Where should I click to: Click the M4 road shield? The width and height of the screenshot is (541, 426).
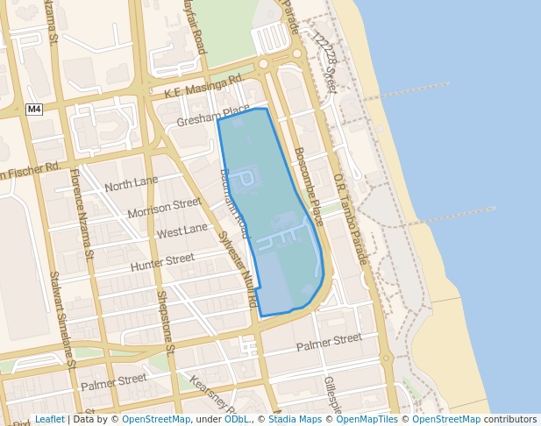[34, 109]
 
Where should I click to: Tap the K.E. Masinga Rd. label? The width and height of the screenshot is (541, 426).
[203, 86]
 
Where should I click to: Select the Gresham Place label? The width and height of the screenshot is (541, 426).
[213, 117]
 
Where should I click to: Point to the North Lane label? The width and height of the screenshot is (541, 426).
[132, 185]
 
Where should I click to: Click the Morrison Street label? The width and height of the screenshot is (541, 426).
[164, 209]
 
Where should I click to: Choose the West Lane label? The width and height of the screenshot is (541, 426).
[182, 231]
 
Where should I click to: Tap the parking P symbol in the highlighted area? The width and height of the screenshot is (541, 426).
[247, 179]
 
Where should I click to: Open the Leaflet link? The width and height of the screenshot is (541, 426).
[49, 420]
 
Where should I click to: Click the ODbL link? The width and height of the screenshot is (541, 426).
[236, 420]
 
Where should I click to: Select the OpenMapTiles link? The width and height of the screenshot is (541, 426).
[367, 420]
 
